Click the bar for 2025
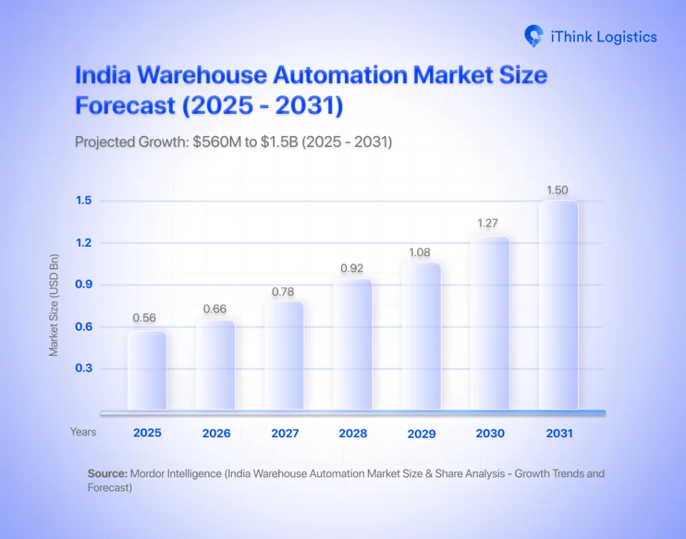point(147,370)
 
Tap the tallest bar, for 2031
point(558,305)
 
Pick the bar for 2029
point(421,336)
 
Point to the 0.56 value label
point(147,318)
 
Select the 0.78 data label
point(283,292)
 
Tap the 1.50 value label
point(558,190)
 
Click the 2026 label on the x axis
point(216,433)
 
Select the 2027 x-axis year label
point(285,433)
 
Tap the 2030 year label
point(490,433)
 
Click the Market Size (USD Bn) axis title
point(54,305)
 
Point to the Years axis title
point(83,432)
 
